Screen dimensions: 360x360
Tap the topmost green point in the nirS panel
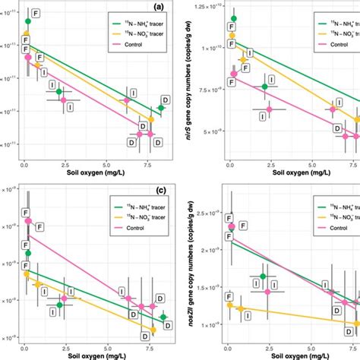(x=233, y=18)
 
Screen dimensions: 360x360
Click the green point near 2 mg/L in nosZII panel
(x=264, y=276)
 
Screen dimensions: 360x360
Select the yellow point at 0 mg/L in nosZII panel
(x=231, y=305)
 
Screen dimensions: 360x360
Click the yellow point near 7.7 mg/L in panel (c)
(x=153, y=329)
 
